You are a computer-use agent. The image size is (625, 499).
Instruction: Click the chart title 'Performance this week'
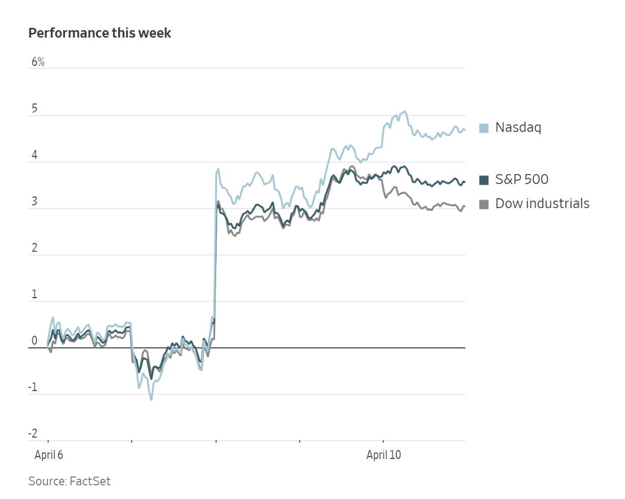click(x=100, y=33)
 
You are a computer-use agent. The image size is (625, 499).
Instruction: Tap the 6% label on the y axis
click(x=38, y=62)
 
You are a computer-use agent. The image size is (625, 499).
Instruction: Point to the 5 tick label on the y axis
click(x=34, y=109)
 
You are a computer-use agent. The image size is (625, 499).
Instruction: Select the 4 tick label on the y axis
click(x=34, y=155)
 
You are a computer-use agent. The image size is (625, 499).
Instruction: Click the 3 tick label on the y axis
click(x=34, y=201)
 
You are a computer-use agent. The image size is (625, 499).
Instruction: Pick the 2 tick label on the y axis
click(x=34, y=248)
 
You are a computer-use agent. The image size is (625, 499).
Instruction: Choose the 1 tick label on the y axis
click(x=34, y=295)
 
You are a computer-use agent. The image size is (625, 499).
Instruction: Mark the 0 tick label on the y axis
click(x=34, y=341)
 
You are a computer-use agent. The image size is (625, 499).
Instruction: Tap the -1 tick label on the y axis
click(x=32, y=387)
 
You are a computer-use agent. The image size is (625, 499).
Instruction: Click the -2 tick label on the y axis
click(x=32, y=434)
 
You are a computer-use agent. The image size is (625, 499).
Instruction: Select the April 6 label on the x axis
click(x=49, y=455)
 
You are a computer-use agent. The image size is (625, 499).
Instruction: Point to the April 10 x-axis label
click(x=384, y=455)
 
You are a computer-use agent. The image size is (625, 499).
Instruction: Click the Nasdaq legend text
click(x=518, y=127)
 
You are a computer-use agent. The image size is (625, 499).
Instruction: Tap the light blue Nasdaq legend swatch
click(x=484, y=128)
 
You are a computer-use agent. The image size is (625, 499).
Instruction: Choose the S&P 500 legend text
click(x=522, y=180)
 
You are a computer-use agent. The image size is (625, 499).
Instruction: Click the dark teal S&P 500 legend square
click(x=484, y=180)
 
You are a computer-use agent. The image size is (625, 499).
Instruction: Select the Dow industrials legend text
click(x=542, y=203)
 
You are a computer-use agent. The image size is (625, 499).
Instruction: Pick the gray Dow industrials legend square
click(x=484, y=204)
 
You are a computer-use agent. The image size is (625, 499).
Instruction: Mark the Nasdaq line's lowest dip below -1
click(x=151, y=400)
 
